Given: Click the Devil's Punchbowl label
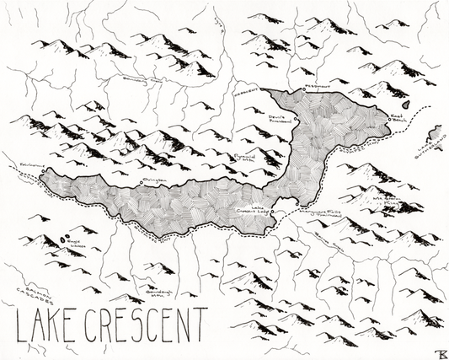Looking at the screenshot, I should tap(279, 121).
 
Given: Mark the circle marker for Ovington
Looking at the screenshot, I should tap(140, 183).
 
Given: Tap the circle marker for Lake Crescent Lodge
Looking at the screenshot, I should tap(275, 212).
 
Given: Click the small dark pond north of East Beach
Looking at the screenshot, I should tap(405, 105).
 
